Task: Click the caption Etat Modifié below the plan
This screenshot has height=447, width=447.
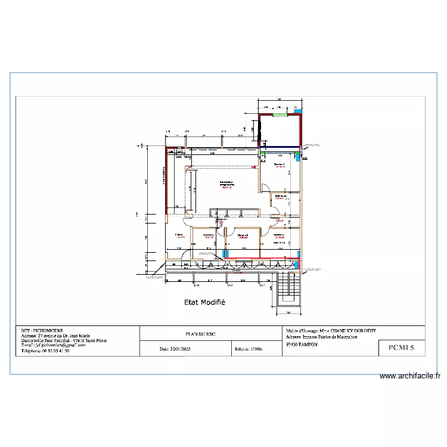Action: [204, 302]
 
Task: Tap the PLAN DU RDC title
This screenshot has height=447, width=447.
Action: [196, 334]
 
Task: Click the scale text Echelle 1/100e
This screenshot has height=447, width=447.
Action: [249, 349]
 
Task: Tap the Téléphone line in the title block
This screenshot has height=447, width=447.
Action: [45, 351]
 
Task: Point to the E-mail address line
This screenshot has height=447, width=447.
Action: [54, 345]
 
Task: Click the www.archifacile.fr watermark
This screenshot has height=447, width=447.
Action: [410, 376]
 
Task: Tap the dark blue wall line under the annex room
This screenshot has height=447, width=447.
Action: [281, 147]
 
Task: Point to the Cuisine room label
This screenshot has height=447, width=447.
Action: [179, 235]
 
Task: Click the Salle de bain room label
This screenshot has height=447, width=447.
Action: [281, 196]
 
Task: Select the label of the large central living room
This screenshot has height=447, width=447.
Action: [227, 184]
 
